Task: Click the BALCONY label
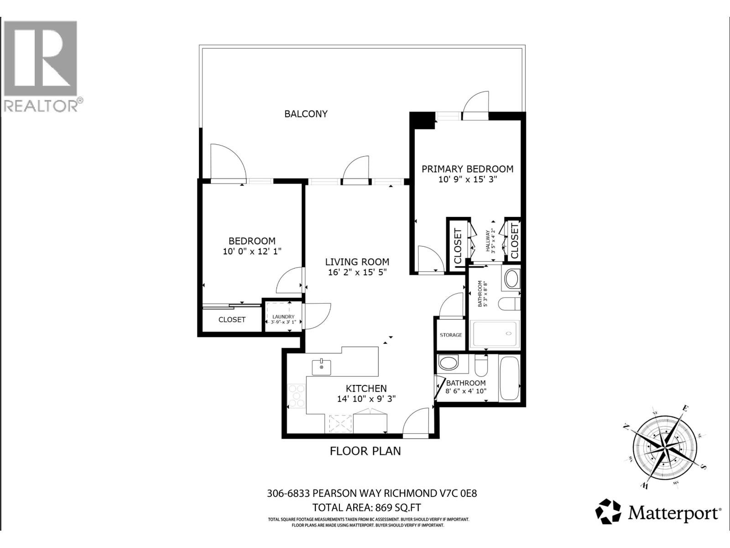306,114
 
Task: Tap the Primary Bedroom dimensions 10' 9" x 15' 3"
467,179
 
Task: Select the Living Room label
357,262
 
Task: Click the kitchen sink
322,367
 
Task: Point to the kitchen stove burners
297,395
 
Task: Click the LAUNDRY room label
283,316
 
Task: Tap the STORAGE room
451,335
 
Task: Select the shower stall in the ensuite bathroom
495,334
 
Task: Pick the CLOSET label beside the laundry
232,320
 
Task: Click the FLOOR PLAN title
365,451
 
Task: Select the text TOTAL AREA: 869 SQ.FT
370,507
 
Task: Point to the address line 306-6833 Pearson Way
371,494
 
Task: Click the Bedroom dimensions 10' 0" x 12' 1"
252,251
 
